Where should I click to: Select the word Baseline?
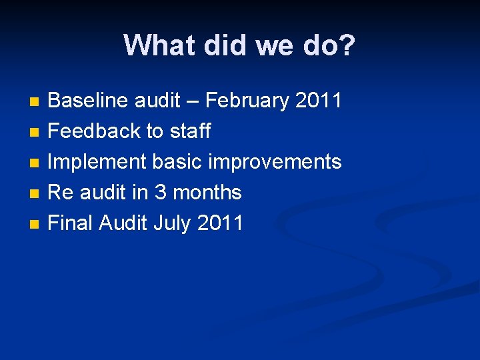tap(89, 101)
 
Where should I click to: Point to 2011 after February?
tap(318, 101)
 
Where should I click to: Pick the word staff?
tap(190, 131)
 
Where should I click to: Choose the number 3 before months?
tap(160, 193)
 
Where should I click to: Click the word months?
tap(207, 193)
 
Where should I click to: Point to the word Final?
tap(71, 223)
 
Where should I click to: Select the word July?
tap(172, 223)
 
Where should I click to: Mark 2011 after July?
tap(220, 223)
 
